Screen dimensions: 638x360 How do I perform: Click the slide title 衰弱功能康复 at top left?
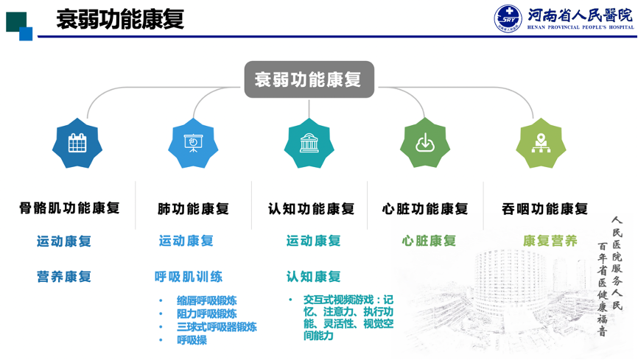pos(120,19)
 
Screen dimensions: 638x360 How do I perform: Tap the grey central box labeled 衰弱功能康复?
pos(309,80)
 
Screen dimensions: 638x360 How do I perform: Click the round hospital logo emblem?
pos(508,18)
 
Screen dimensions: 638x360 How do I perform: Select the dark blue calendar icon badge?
pos(77,143)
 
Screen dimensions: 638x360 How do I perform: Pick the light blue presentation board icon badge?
pos(193,143)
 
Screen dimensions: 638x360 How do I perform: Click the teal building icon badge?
pos(309,143)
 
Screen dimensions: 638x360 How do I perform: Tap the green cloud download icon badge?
pos(425,143)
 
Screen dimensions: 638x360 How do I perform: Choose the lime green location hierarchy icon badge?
pos(541,143)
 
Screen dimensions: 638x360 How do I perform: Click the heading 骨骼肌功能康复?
pos(69,208)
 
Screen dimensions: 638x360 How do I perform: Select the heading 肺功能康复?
pos(193,208)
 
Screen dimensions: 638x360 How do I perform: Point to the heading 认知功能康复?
pos(312,208)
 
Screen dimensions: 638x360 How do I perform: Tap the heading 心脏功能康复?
pos(425,208)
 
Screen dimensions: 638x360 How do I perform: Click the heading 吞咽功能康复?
pos(545,208)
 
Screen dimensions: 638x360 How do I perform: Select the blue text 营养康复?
pos(64,277)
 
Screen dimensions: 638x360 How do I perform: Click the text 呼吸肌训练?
pos(189,277)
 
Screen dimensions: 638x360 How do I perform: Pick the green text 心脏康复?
pos(429,241)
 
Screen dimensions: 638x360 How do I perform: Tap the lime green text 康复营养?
pos(550,241)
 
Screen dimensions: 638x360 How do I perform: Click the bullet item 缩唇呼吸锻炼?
pos(207,300)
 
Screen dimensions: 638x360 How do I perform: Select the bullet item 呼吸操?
pos(192,340)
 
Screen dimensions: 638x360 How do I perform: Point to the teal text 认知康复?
pos(313,277)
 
